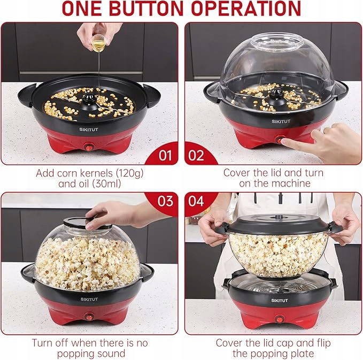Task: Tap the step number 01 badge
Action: (165, 155)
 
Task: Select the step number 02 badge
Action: (196, 155)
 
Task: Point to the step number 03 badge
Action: (165, 201)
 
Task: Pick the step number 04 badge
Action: (196, 201)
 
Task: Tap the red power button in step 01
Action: (89, 147)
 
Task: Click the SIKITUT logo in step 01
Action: (88, 129)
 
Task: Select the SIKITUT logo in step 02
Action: (281, 121)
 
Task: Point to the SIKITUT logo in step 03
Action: (89, 299)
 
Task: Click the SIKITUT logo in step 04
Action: (280, 301)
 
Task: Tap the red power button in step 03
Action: (89, 317)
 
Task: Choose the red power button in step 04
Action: (280, 319)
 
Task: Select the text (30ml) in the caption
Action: (106, 183)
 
